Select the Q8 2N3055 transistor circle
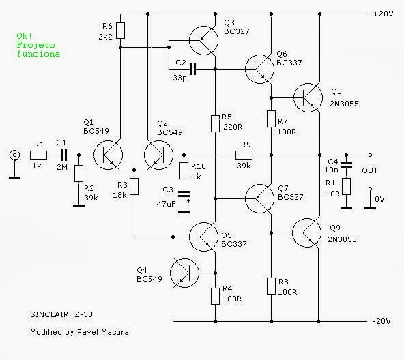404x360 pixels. click(311, 97)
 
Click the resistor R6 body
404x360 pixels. click(120, 30)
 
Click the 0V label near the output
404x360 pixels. click(381, 198)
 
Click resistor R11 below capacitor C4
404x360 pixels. click(346, 186)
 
